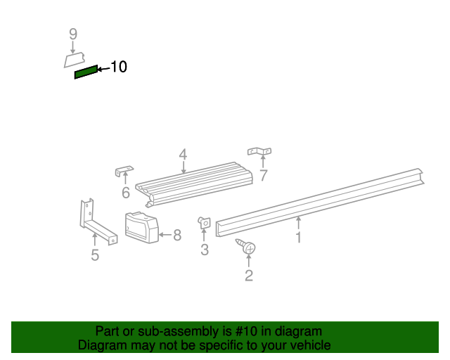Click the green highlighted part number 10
click(86, 72)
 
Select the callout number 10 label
click(118, 67)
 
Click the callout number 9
click(72, 34)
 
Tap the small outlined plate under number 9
click(74, 60)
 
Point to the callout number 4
click(183, 154)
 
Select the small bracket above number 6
click(124, 172)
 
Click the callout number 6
click(125, 193)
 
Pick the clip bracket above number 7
click(259, 151)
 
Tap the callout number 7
click(263, 176)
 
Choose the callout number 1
click(298, 238)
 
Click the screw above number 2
click(247, 247)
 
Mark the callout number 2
click(248, 276)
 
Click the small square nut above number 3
click(205, 223)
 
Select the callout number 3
click(205, 250)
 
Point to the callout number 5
click(95, 255)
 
